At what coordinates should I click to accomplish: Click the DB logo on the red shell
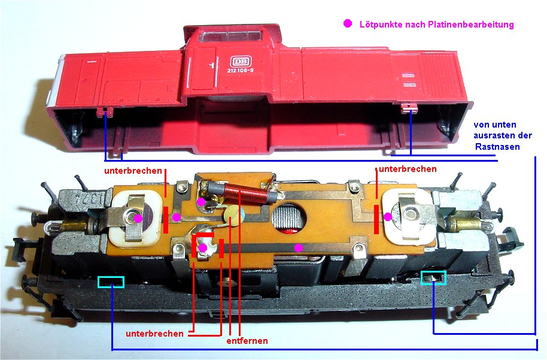click(x=241, y=62)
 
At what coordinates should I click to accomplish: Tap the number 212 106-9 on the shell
click(x=240, y=71)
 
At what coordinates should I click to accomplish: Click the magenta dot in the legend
click(x=348, y=23)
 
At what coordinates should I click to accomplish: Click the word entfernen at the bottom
click(x=247, y=341)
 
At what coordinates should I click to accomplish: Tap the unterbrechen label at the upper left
click(x=133, y=171)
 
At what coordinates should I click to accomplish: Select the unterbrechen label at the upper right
click(x=408, y=169)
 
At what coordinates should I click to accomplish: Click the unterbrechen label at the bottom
click(x=154, y=334)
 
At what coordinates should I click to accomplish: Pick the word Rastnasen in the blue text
click(x=497, y=147)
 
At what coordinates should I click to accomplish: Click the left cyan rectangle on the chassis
click(x=111, y=282)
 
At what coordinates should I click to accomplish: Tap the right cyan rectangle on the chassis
click(x=433, y=277)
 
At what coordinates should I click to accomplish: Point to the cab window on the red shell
click(x=230, y=36)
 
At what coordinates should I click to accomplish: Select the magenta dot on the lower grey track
click(x=298, y=248)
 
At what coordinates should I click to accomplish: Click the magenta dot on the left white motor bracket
click(x=138, y=218)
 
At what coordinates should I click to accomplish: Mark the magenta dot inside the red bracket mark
click(x=203, y=248)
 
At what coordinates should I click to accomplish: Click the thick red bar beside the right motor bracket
click(x=376, y=219)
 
